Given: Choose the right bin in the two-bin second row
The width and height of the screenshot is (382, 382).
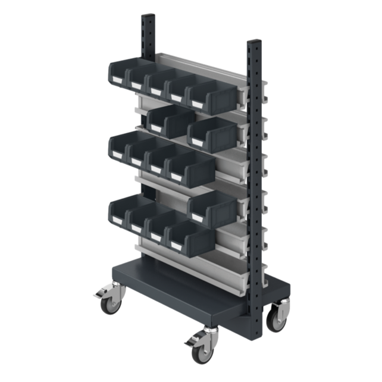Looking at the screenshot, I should point(212,132).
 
